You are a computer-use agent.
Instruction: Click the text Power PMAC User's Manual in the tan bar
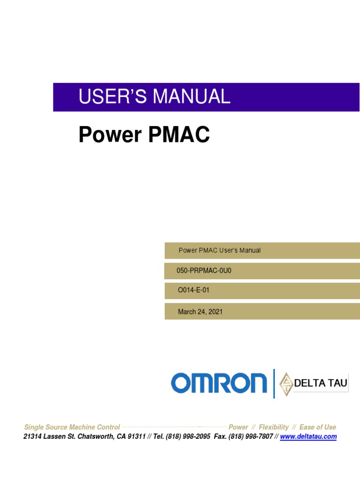pyautogui.click(x=219, y=250)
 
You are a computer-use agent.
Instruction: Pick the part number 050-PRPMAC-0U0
pyautogui.click(x=204, y=270)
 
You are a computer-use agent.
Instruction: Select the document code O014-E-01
pyautogui.click(x=193, y=290)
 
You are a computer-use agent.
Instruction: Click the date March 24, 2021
pyautogui.click(x=200, y=312)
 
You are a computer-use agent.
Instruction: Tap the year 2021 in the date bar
pyautogui.click(x=215, y=312)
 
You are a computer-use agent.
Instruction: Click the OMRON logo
pyautogui.click(x=218, y=383)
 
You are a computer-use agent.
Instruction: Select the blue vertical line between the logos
pyautogui.click(x=274, y=383)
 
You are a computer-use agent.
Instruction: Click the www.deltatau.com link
pyautogui.click(x=308, y=436)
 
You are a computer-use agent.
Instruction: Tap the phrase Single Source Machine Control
pyautogui.click(x=72, y=427)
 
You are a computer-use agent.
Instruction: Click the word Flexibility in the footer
pyautogui.click(x=274, y=427)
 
